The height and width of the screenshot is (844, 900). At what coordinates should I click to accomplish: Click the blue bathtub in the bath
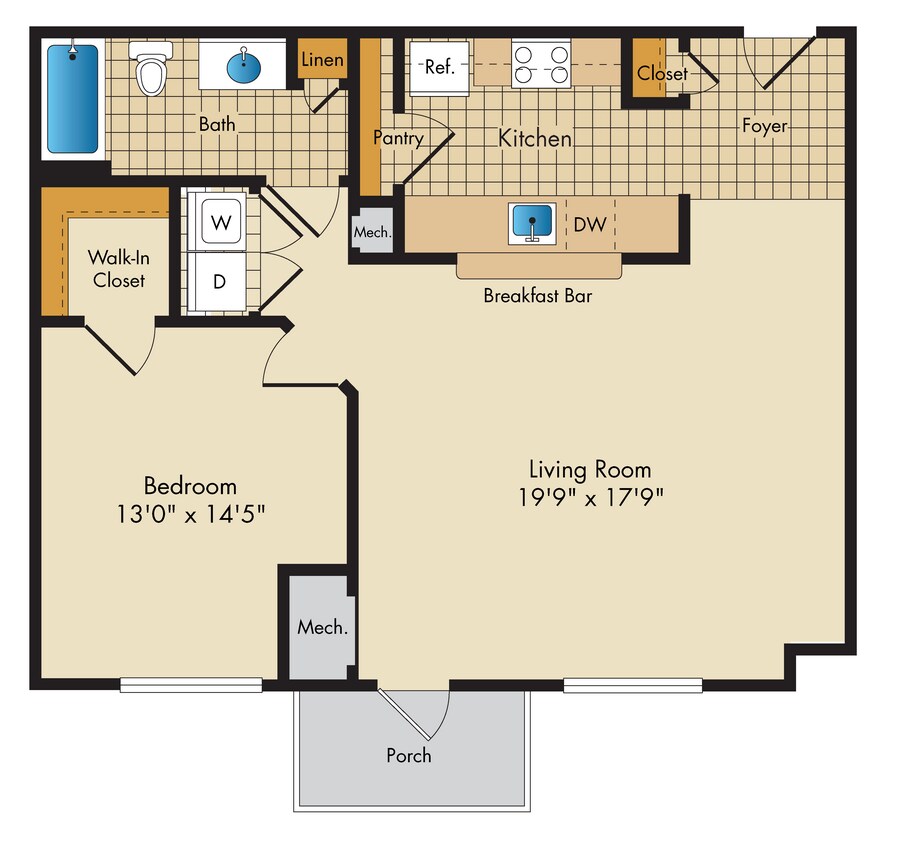[x=74, y=98]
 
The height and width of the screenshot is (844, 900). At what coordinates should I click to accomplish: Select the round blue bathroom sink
[x=244, y=68]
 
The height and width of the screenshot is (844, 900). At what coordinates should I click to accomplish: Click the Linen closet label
[x=322, y=60]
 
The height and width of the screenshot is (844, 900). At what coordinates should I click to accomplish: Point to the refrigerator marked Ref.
[x=439, y=68]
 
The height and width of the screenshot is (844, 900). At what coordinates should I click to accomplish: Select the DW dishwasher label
[x=589, y=224]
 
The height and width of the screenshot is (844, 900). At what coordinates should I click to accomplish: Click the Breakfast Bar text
[x=537, y=296]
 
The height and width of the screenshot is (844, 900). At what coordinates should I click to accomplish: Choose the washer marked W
[x=222, y=222]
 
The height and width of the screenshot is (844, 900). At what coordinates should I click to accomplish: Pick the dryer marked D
[x=220, y=280]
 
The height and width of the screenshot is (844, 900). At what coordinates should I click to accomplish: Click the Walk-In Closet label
[x=119, y=268]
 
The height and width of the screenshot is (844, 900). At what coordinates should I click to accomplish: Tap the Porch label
[x=409, y=755]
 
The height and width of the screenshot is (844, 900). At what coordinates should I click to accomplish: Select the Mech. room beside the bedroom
[x=322, y=627]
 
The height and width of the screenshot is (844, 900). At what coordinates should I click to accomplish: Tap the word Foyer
[x=764, y=126]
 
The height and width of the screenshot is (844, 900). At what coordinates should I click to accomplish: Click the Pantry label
[x=398, y=138]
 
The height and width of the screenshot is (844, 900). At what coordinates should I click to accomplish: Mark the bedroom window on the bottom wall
[x=191, y=685]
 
